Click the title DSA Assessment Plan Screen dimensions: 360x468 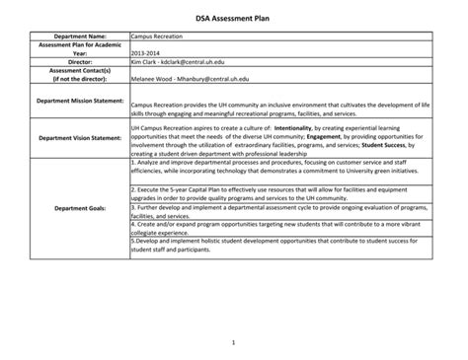(233, 19)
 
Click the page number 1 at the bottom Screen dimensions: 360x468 (233, 342)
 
